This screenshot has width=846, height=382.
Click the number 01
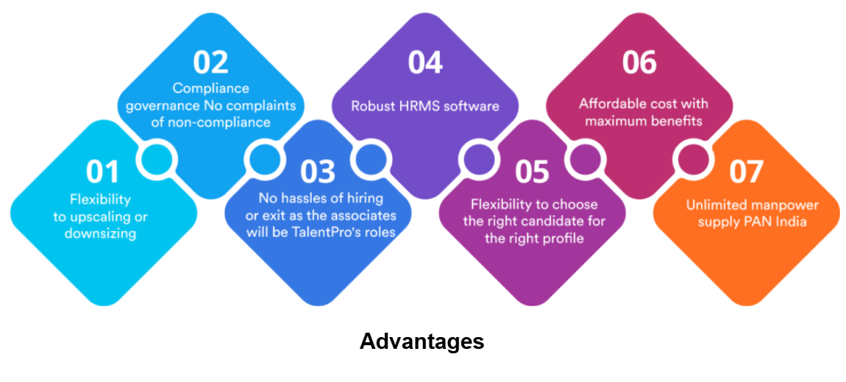[x=102, y=171]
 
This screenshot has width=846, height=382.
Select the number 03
[x=317, y=171]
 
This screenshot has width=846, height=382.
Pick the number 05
[x=532, y=171]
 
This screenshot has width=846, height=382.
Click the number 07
[x=746, y=171]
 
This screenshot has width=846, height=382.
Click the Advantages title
[x=422, y=342]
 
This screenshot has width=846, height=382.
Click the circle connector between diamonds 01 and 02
[x=157, y=159]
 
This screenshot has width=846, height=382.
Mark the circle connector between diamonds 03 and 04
[x=372, y=159]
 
